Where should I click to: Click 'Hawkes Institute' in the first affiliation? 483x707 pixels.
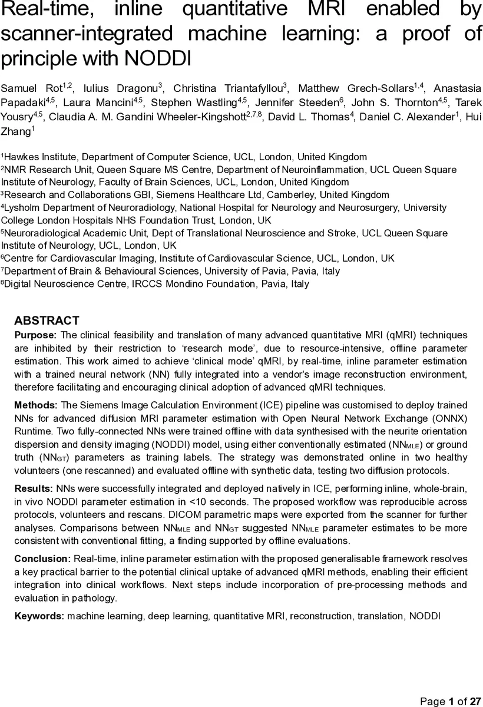[x=40, y=157]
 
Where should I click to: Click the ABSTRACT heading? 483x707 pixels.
[x=47, y=321]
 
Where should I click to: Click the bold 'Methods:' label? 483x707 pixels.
[x=36, y=405]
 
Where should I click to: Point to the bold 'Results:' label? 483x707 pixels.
[x=34, y=488]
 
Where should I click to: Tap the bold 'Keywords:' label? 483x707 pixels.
[x=39, y=616]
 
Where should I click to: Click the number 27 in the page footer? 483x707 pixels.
[x=476, y=701]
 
